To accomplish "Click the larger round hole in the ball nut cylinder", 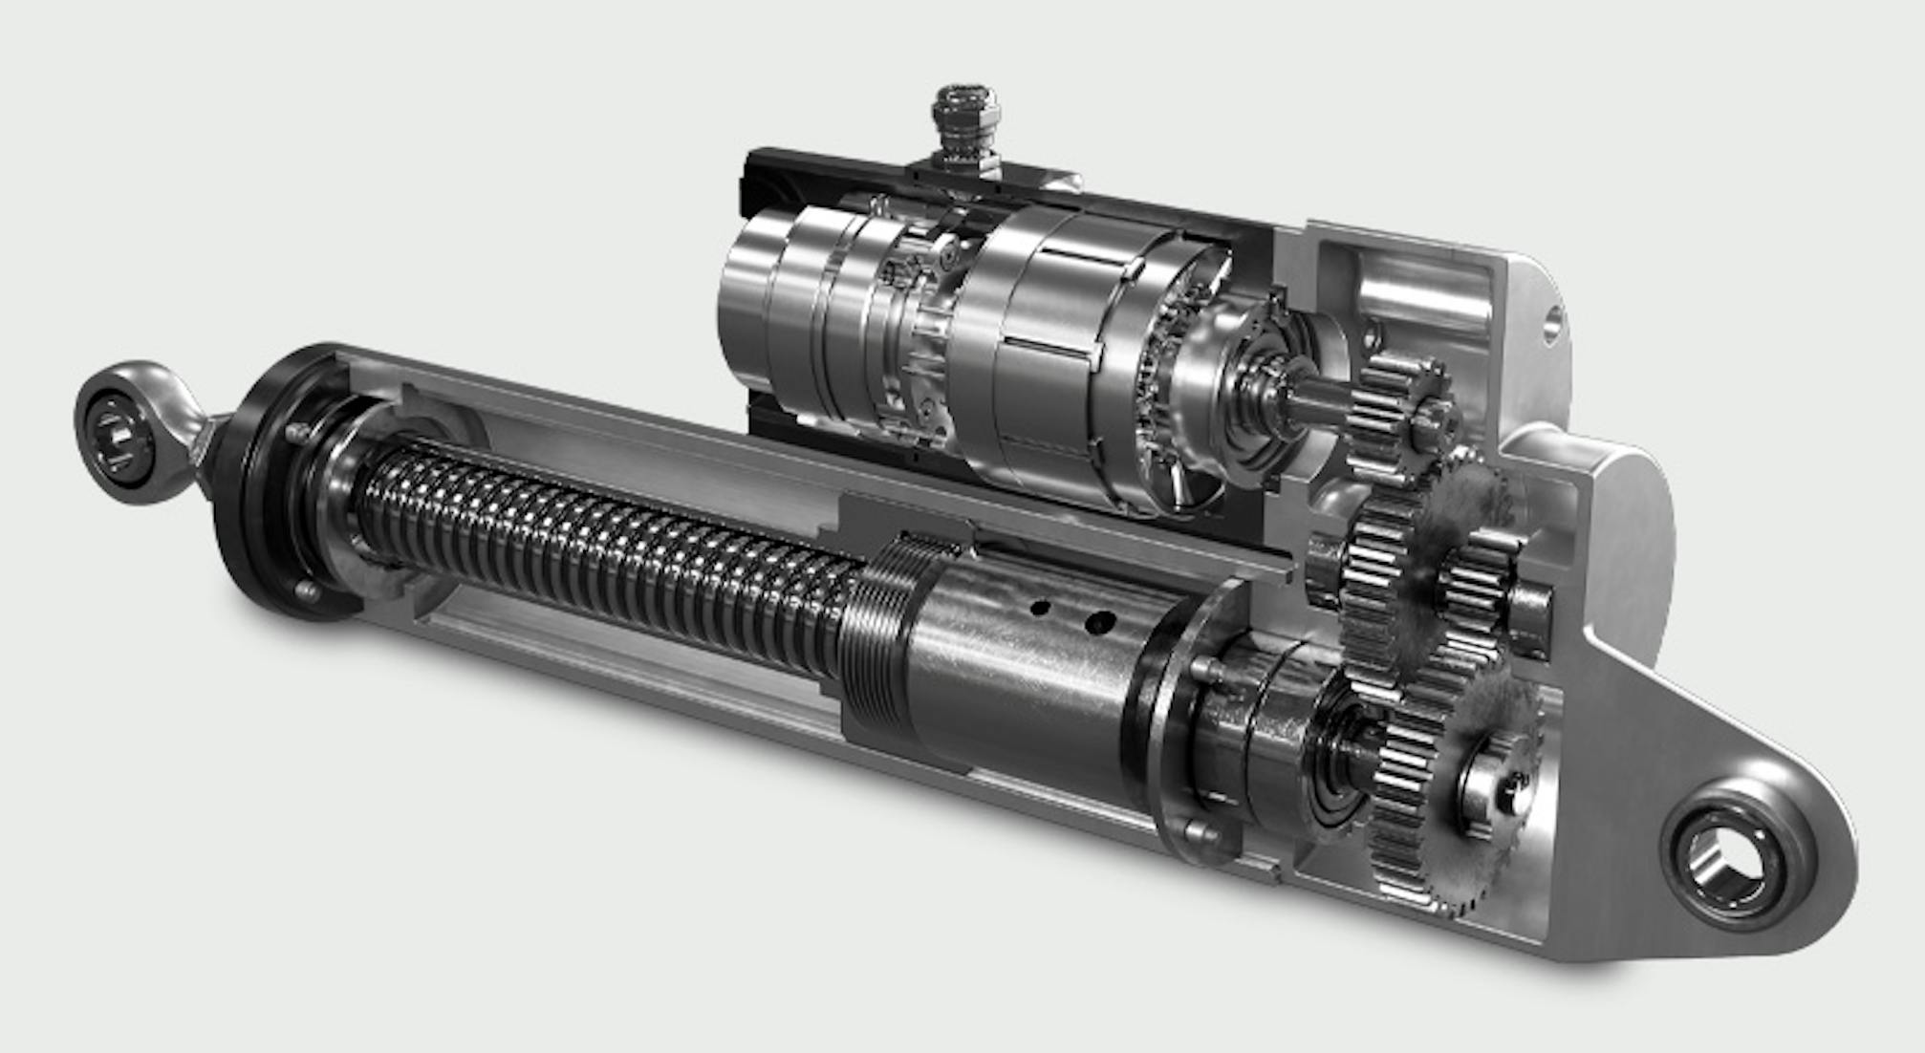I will (x=1099, y=623).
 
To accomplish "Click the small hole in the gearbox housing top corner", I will (x=1549, y=324).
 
